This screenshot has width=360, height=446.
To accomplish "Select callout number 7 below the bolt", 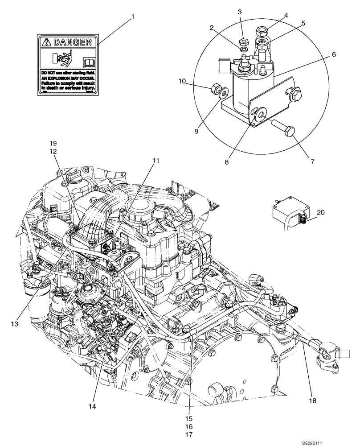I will click(x=311, y=161).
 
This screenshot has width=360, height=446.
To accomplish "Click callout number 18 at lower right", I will click(x=312, y=401).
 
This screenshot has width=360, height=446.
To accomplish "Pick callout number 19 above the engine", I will click(x=53, y=143).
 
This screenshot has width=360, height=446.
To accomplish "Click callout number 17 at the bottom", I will click(x=190, y=434).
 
